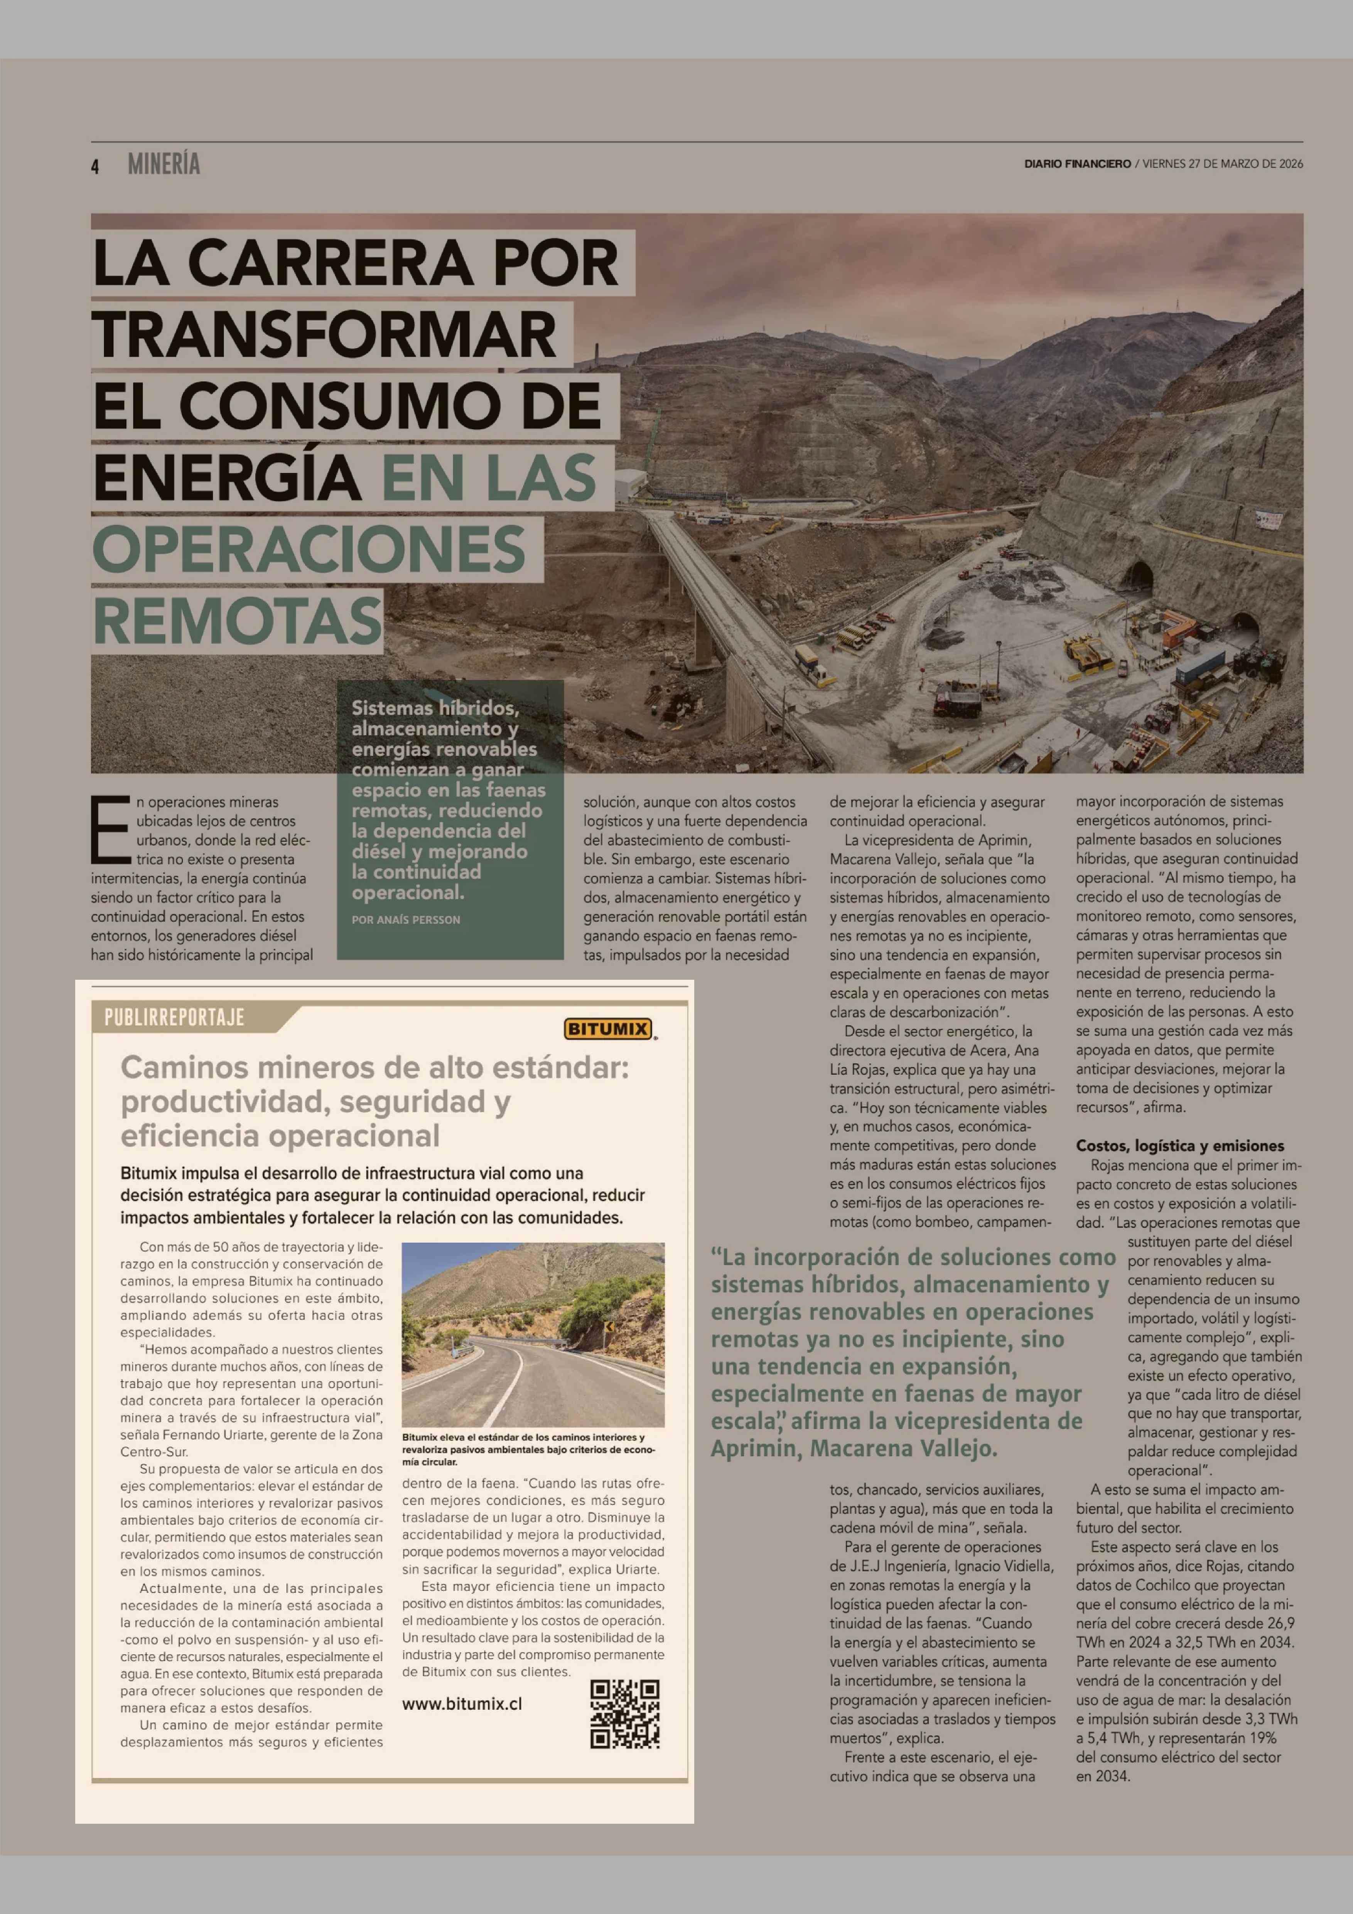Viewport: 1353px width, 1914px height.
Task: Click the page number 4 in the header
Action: tap(95, 167)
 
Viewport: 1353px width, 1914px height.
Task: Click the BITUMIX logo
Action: tap(608, 1029)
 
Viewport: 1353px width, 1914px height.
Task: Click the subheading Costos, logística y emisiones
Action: tap(1179, 1145)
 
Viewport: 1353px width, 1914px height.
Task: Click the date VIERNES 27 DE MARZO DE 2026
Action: tap(1222, 164)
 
